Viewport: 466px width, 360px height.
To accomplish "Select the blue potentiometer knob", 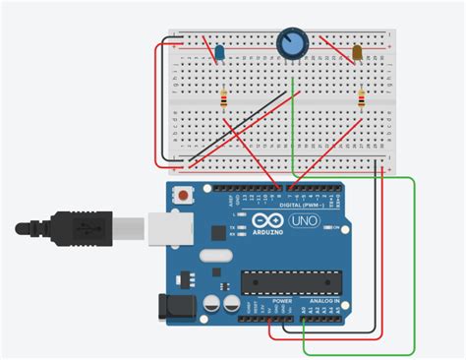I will click(292, 42).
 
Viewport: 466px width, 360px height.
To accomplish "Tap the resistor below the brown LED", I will click(362, 98).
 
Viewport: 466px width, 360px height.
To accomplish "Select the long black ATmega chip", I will click(284, 282).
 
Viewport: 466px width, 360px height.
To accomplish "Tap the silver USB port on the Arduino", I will click(167, 227).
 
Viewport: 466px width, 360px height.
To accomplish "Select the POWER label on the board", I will click(267, 300).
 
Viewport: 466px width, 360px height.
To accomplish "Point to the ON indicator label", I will click(335, 227).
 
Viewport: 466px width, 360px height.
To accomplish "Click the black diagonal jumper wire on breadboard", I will click(241, 125).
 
